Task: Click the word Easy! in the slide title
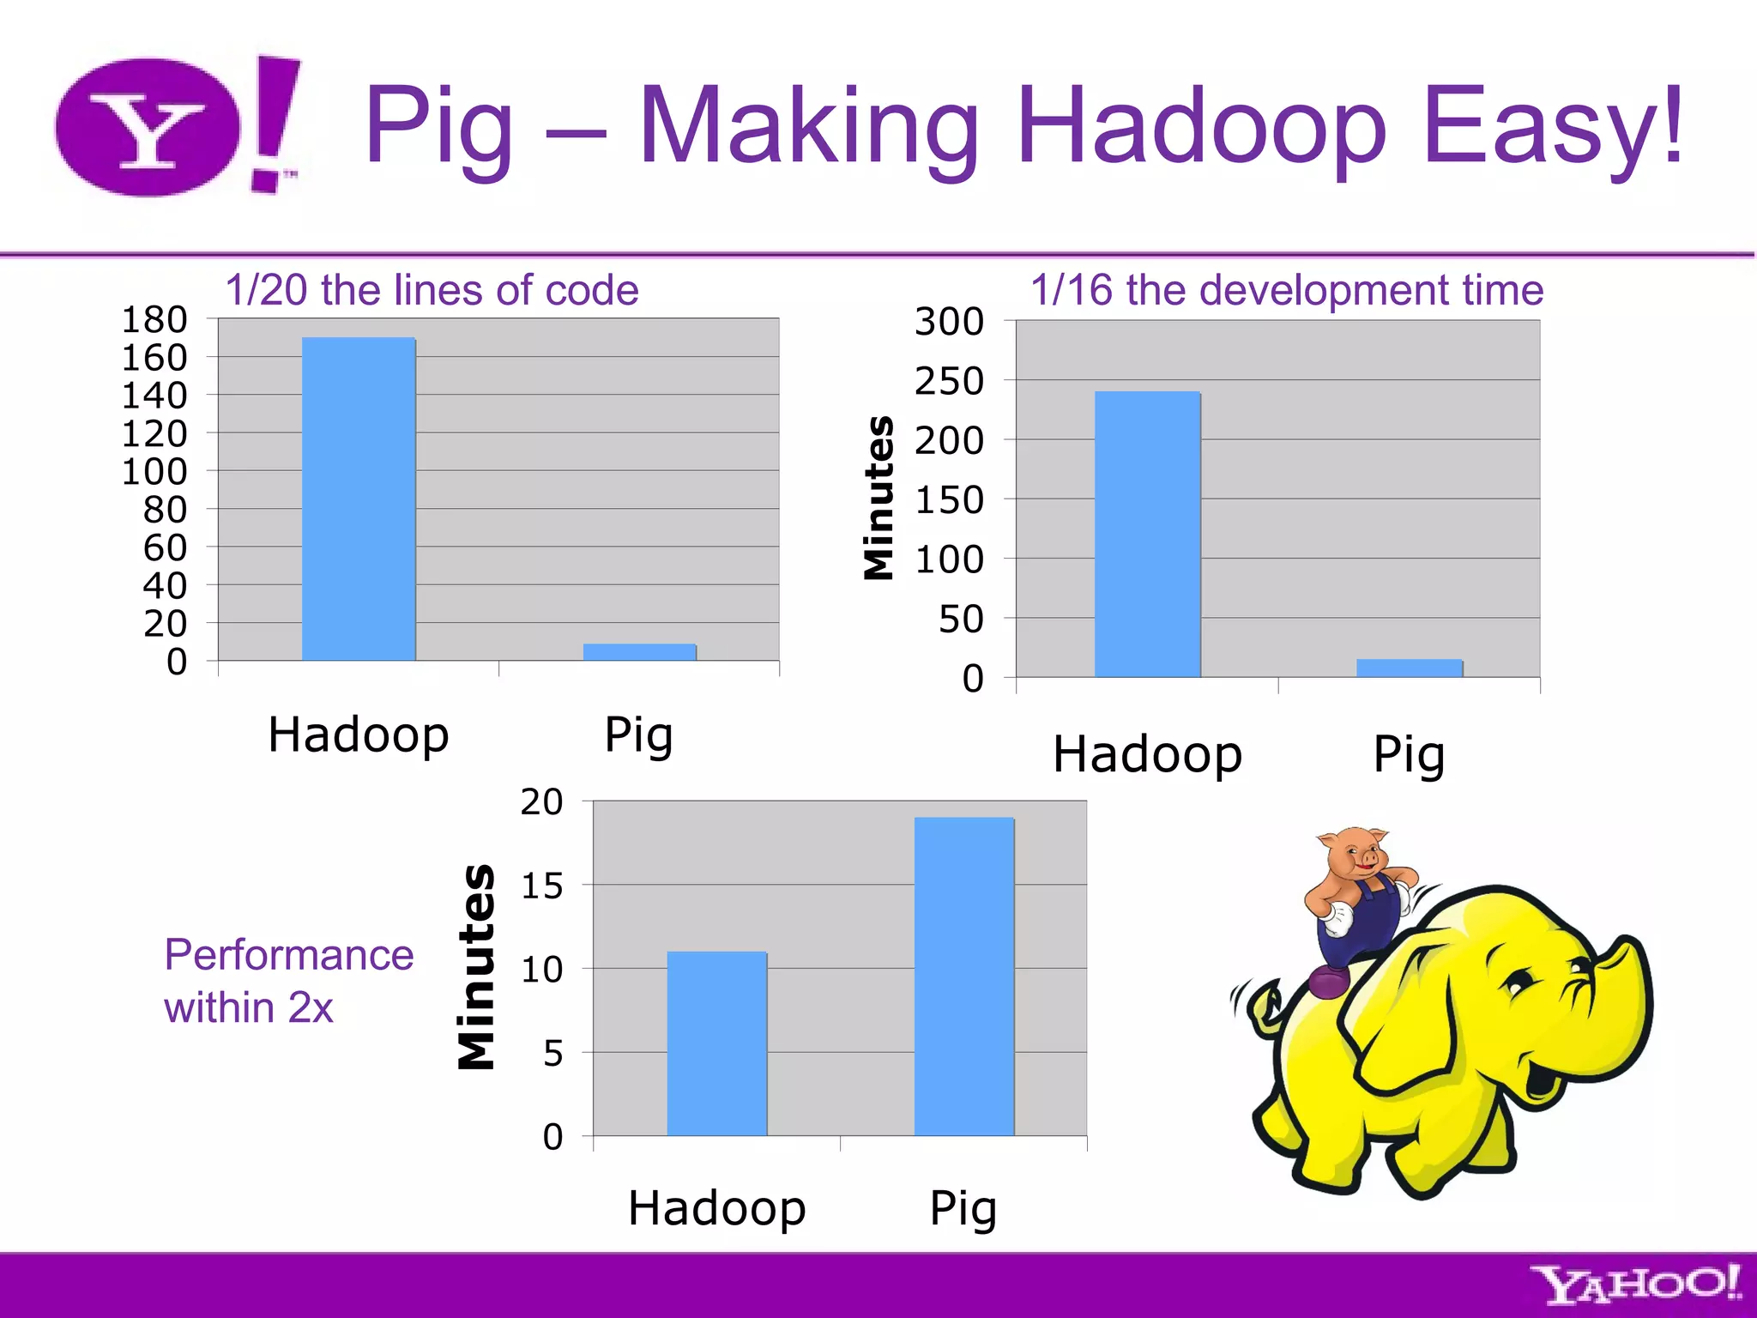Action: click(1553, 129)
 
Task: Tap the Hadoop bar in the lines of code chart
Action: click(359, 499)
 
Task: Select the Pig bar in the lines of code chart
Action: click(639, 652)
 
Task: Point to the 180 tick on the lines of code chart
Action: click(154, 319)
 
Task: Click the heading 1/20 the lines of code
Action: click(432, 290)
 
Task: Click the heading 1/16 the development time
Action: click(1286, 290)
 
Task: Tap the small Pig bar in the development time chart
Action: click(1409, 668)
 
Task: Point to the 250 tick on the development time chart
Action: click(949, 381)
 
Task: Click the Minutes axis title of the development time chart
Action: click(878, 498)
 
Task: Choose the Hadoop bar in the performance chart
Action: click(716, 1043)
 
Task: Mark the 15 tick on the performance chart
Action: click(541, 886)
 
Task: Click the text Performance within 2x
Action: click(288, 980)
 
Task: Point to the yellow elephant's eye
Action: click(1519, 981)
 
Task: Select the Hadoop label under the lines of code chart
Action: click(359, 735)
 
